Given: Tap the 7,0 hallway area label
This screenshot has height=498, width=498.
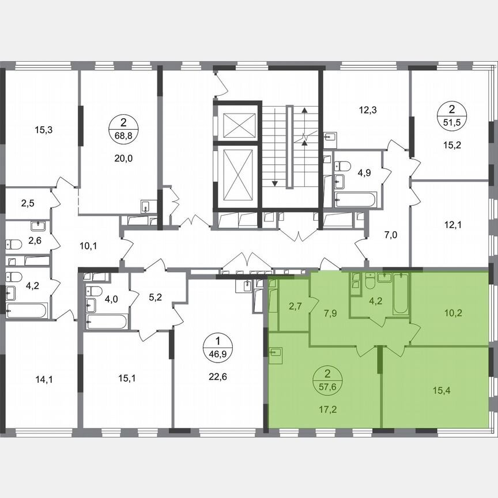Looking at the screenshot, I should [391, 235].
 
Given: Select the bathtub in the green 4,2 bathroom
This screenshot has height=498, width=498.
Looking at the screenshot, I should [401, 294].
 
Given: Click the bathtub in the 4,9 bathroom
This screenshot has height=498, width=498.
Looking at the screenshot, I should [356, 200].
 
